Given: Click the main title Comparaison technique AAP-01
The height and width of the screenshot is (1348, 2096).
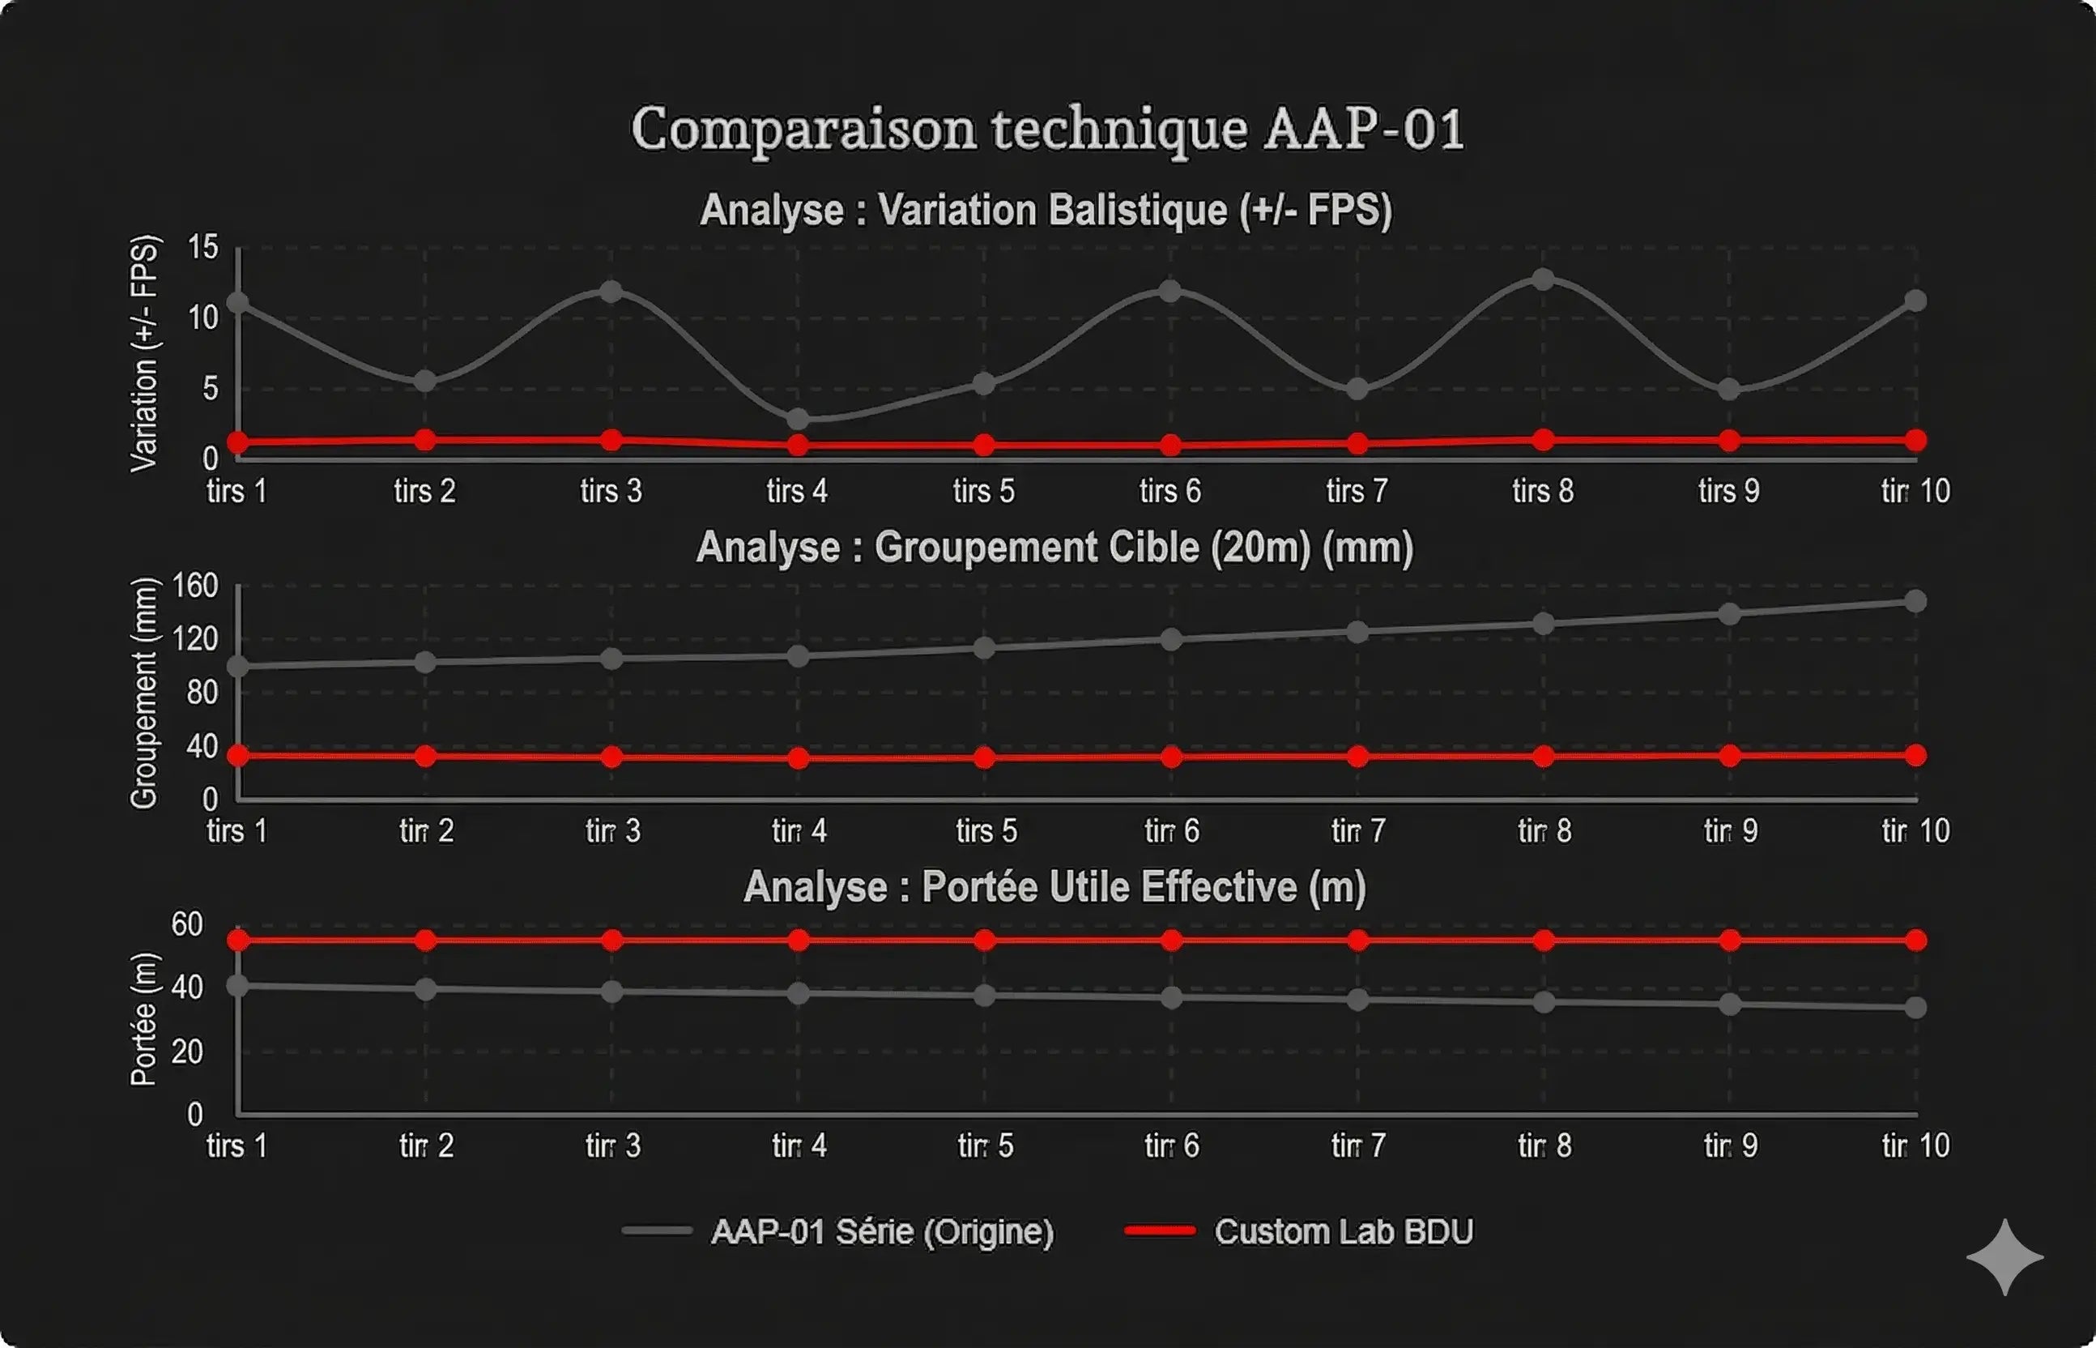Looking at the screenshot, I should point(1046,130).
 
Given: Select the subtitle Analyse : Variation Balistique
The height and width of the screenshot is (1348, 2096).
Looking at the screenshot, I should point(1046,210).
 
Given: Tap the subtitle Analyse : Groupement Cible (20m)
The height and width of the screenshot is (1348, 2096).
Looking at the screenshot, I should point(1054,548).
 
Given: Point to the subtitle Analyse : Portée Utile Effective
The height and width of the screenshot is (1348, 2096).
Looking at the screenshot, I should point(1054,887).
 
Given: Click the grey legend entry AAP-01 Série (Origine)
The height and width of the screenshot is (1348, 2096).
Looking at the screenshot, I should point(881,1231).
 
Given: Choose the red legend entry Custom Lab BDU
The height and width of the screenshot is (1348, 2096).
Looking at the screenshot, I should point(1343,1231).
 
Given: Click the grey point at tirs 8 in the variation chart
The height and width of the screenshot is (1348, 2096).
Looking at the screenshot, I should point(1543,280).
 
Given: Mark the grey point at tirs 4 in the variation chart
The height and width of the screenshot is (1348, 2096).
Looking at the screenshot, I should point(797,420).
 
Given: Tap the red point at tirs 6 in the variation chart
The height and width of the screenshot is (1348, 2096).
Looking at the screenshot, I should point(1170,446).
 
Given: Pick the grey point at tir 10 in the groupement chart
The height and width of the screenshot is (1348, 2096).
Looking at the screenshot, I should point(1915,601).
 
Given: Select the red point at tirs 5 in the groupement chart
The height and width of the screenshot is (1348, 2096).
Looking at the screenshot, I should point(985,757).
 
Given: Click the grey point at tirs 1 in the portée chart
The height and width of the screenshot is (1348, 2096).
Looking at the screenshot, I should point(237,986).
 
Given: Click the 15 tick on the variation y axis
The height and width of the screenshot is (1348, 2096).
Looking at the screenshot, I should point(203,248).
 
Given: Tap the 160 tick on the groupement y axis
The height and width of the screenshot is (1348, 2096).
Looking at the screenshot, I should point(195,586).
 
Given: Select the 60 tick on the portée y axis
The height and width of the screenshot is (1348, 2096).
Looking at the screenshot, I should point(187,924).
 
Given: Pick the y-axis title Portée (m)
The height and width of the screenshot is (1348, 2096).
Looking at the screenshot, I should point(144,1019).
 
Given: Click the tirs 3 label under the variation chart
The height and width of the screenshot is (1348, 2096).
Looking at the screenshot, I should point(611,491).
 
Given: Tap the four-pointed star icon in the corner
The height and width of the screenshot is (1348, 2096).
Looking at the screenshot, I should point(2004,1257).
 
